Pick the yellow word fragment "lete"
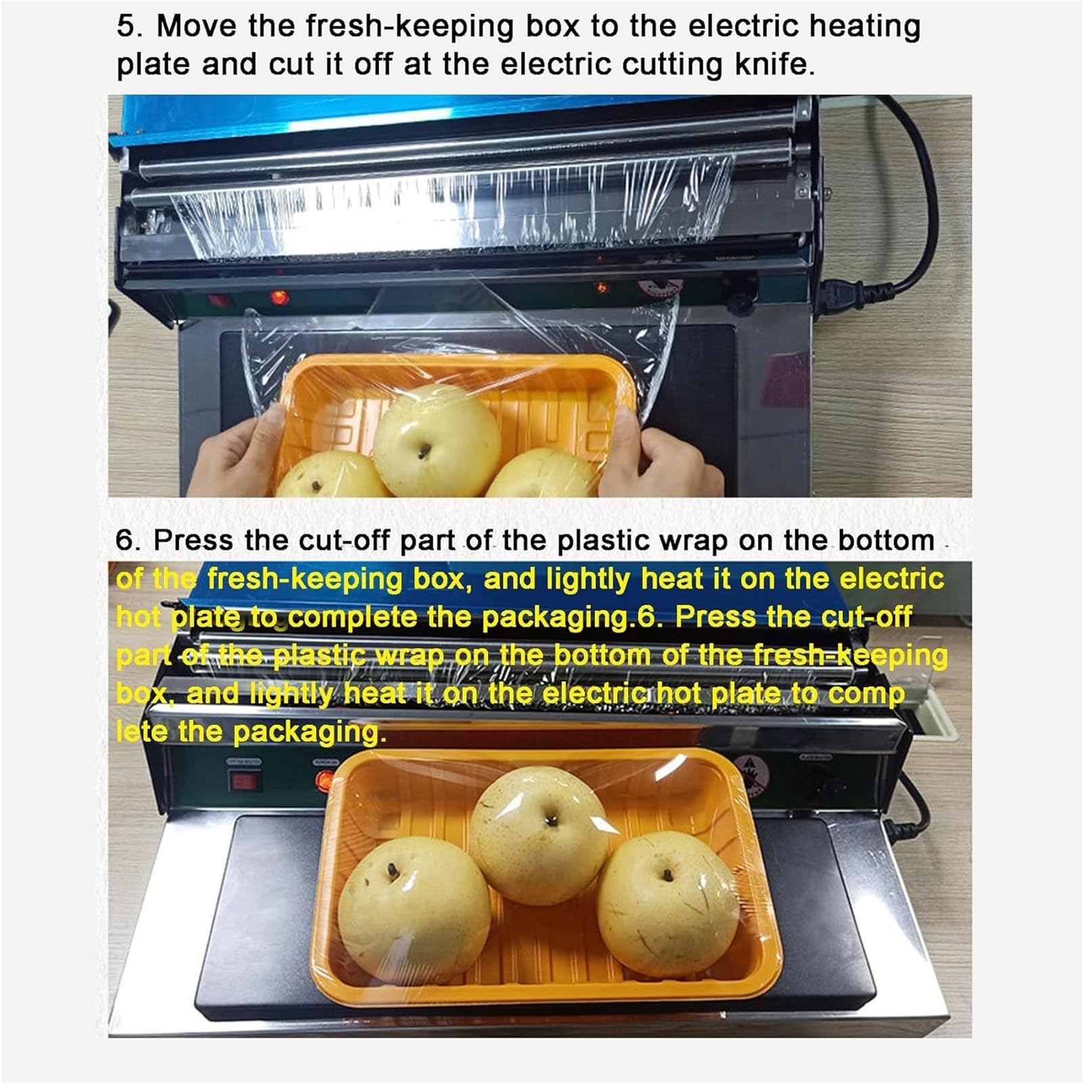[x=141, y=732]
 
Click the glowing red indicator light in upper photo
[x=278, y=297]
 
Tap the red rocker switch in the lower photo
[x=244, y=782]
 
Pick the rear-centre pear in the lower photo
[x=539, y=837]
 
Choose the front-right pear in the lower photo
[x=668, y=904]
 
